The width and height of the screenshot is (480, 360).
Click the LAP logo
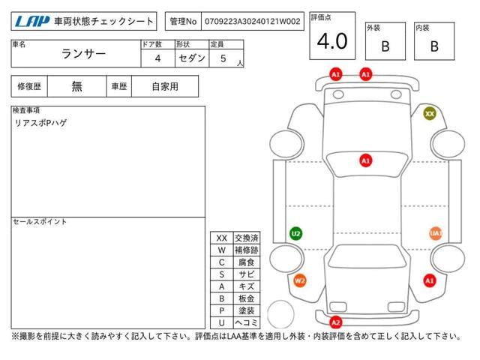click(x=32, y=22)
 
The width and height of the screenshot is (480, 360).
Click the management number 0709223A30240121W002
click(x=253, y=22)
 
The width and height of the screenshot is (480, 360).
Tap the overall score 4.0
click(x=332, y=41)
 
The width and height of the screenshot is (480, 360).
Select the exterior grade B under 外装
click(x=385, y=46)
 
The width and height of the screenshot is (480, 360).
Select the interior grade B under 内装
click(x=434, y=46)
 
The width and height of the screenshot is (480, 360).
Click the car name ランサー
click(x=83, y=54)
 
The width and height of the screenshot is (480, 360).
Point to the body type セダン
click(x=192, y=58)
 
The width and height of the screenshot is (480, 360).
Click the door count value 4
click(x=157, y=58)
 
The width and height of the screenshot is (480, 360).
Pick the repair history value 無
click(x=76, y=87)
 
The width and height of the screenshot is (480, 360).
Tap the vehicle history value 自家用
click(x=165, y=87)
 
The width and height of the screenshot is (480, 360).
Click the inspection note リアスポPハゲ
click(x=40, y=123)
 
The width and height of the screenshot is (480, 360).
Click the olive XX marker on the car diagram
click(x=430, y=114)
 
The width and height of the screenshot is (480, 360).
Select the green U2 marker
click(x=295, y=234)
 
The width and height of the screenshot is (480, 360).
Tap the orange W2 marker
click(x=300, y=280)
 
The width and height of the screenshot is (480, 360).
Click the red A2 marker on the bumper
click(x=336, y=322)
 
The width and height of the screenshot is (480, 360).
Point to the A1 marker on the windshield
click(x=365, y=160)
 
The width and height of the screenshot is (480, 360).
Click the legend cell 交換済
click(x=247, y=238)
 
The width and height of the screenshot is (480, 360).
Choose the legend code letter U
click(x=222, y=322)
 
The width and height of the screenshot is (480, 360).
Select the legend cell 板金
click(x=247, y=298)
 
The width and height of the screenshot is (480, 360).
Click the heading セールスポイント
click(x=40, y=222)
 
